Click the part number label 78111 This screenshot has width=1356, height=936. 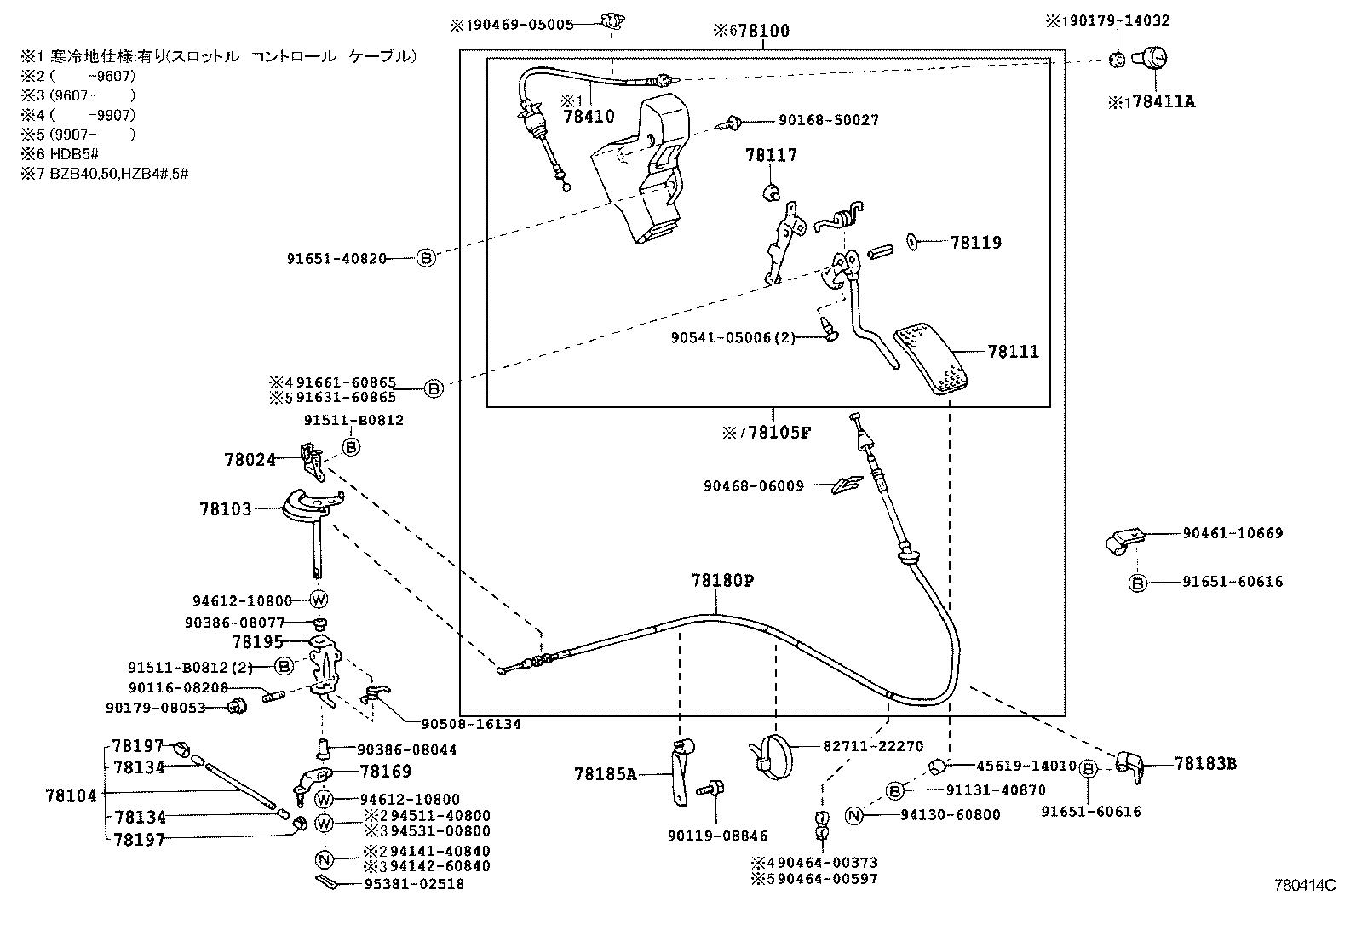(1013, 352)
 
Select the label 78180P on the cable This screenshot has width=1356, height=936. (722, 581)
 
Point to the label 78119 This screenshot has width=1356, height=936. (975, 243)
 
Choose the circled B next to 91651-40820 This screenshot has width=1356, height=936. (426, 258)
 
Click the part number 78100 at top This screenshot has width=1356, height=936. (763, 32)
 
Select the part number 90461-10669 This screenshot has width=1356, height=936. (1232, 533)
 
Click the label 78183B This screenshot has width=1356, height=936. (1204, 764)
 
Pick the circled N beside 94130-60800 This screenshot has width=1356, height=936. (854, 815)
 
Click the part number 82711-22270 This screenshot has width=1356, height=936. (872, 747)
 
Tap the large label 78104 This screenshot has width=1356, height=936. (71, 796)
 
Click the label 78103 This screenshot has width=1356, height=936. (226, 509)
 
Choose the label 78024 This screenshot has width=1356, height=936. (250, 460)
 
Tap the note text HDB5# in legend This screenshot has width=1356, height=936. (75, 154)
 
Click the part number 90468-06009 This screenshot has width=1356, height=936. (753, 486)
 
